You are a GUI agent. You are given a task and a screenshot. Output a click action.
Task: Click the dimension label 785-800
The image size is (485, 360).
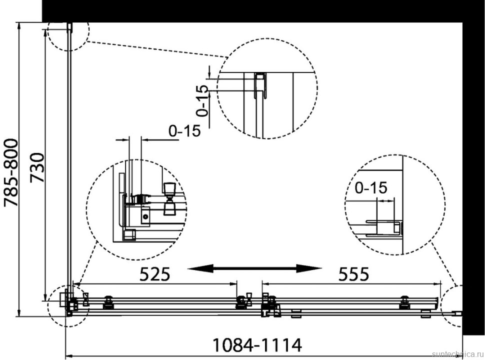coord(11,173)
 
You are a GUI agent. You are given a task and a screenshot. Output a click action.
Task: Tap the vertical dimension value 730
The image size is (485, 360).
coord(37,167)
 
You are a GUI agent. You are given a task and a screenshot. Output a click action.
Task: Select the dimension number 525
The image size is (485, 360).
coord(154,274)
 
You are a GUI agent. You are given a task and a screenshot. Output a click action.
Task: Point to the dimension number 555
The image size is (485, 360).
coord(353,274)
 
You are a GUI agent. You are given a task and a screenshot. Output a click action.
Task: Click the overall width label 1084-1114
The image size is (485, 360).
coord(257,345)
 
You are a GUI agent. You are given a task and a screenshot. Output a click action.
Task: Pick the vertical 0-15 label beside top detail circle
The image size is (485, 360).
coord(202,100)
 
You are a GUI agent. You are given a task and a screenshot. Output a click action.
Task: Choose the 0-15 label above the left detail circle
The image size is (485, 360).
coord(184,131)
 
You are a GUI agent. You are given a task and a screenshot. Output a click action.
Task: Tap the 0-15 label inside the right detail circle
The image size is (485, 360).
coord(371,187)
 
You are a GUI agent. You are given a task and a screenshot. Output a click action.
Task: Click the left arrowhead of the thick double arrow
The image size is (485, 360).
coord(200,268)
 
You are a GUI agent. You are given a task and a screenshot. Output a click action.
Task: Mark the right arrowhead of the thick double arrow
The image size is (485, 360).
coord(309,268)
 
